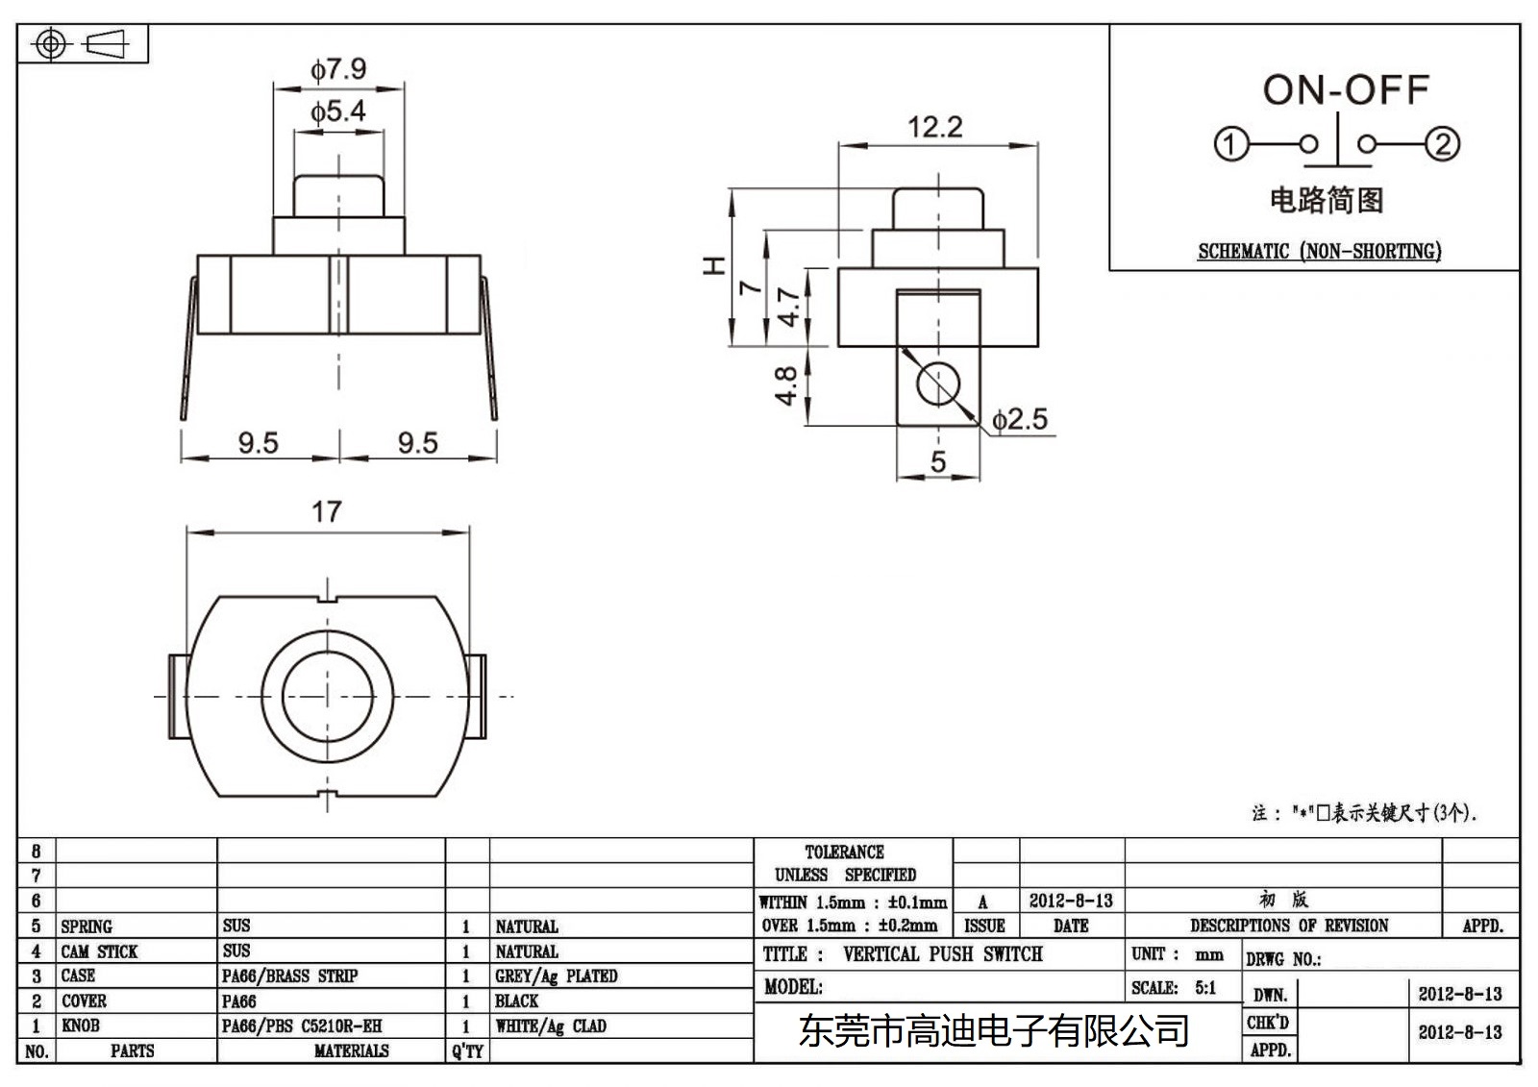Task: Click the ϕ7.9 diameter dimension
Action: click(337, 69)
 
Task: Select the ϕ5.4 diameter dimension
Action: click(337, 111)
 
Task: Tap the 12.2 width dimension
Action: click(934, 127)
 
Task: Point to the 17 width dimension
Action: click(326, 511)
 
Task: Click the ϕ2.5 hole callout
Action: click(1020, 419)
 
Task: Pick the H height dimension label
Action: click(713, 265)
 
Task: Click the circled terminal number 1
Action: click(1230, 144)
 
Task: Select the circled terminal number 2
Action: click(1443, 144)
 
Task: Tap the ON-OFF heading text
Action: click(1345, 90)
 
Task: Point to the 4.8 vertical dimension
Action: click(786, 385)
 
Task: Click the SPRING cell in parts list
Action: click(87, 926)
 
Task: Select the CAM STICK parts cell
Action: click(99, 951)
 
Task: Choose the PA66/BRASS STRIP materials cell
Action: click(289, 976)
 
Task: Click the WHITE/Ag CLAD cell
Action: click(550, 1025)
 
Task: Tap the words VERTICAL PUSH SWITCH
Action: click(942, 954)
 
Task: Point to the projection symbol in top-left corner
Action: click(83, 44)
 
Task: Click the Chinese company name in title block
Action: click(994, 1031)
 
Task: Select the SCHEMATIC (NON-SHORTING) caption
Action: click(1319, 252)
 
